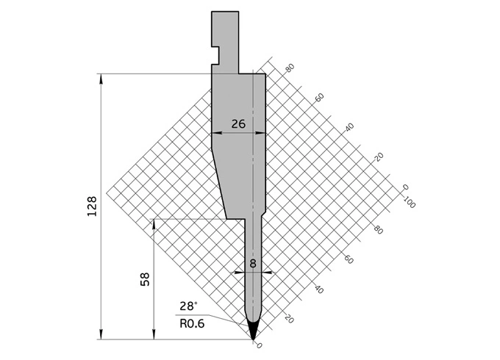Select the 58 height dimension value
[x=145, y=279]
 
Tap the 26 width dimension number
[x=238, y=124]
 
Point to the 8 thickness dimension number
[x=254, y=262]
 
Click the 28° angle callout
[x=188, y=306]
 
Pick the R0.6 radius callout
[x=192, y=322]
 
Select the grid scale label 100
[x=409, y=204]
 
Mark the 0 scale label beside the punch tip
[x=259, y=345]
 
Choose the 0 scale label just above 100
[x=405, y=188]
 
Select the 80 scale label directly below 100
[x=379, y=230]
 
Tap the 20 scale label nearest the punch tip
[x=289, y=319]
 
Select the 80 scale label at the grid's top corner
[x=290, y=68]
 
